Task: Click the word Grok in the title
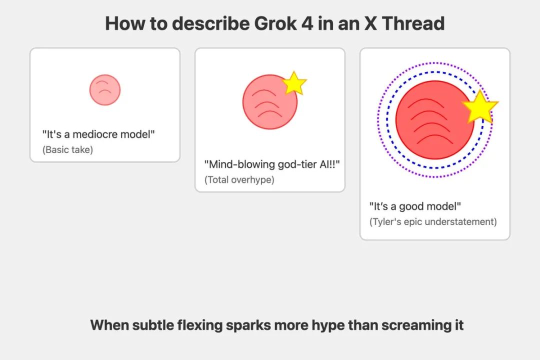coord(275,23)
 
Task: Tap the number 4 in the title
coord(307,23)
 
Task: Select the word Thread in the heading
coord(413,23)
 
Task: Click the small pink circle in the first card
coord(105,90)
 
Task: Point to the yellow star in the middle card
coord(294,83)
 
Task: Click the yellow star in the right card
coord(479,107)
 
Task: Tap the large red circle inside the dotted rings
coord(434,120)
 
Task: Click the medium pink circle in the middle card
coord(270,102)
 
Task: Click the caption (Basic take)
coord(68,149)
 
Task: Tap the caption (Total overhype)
coord(239,179)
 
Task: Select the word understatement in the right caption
coord(461,221)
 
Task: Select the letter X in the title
coord(370,23)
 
